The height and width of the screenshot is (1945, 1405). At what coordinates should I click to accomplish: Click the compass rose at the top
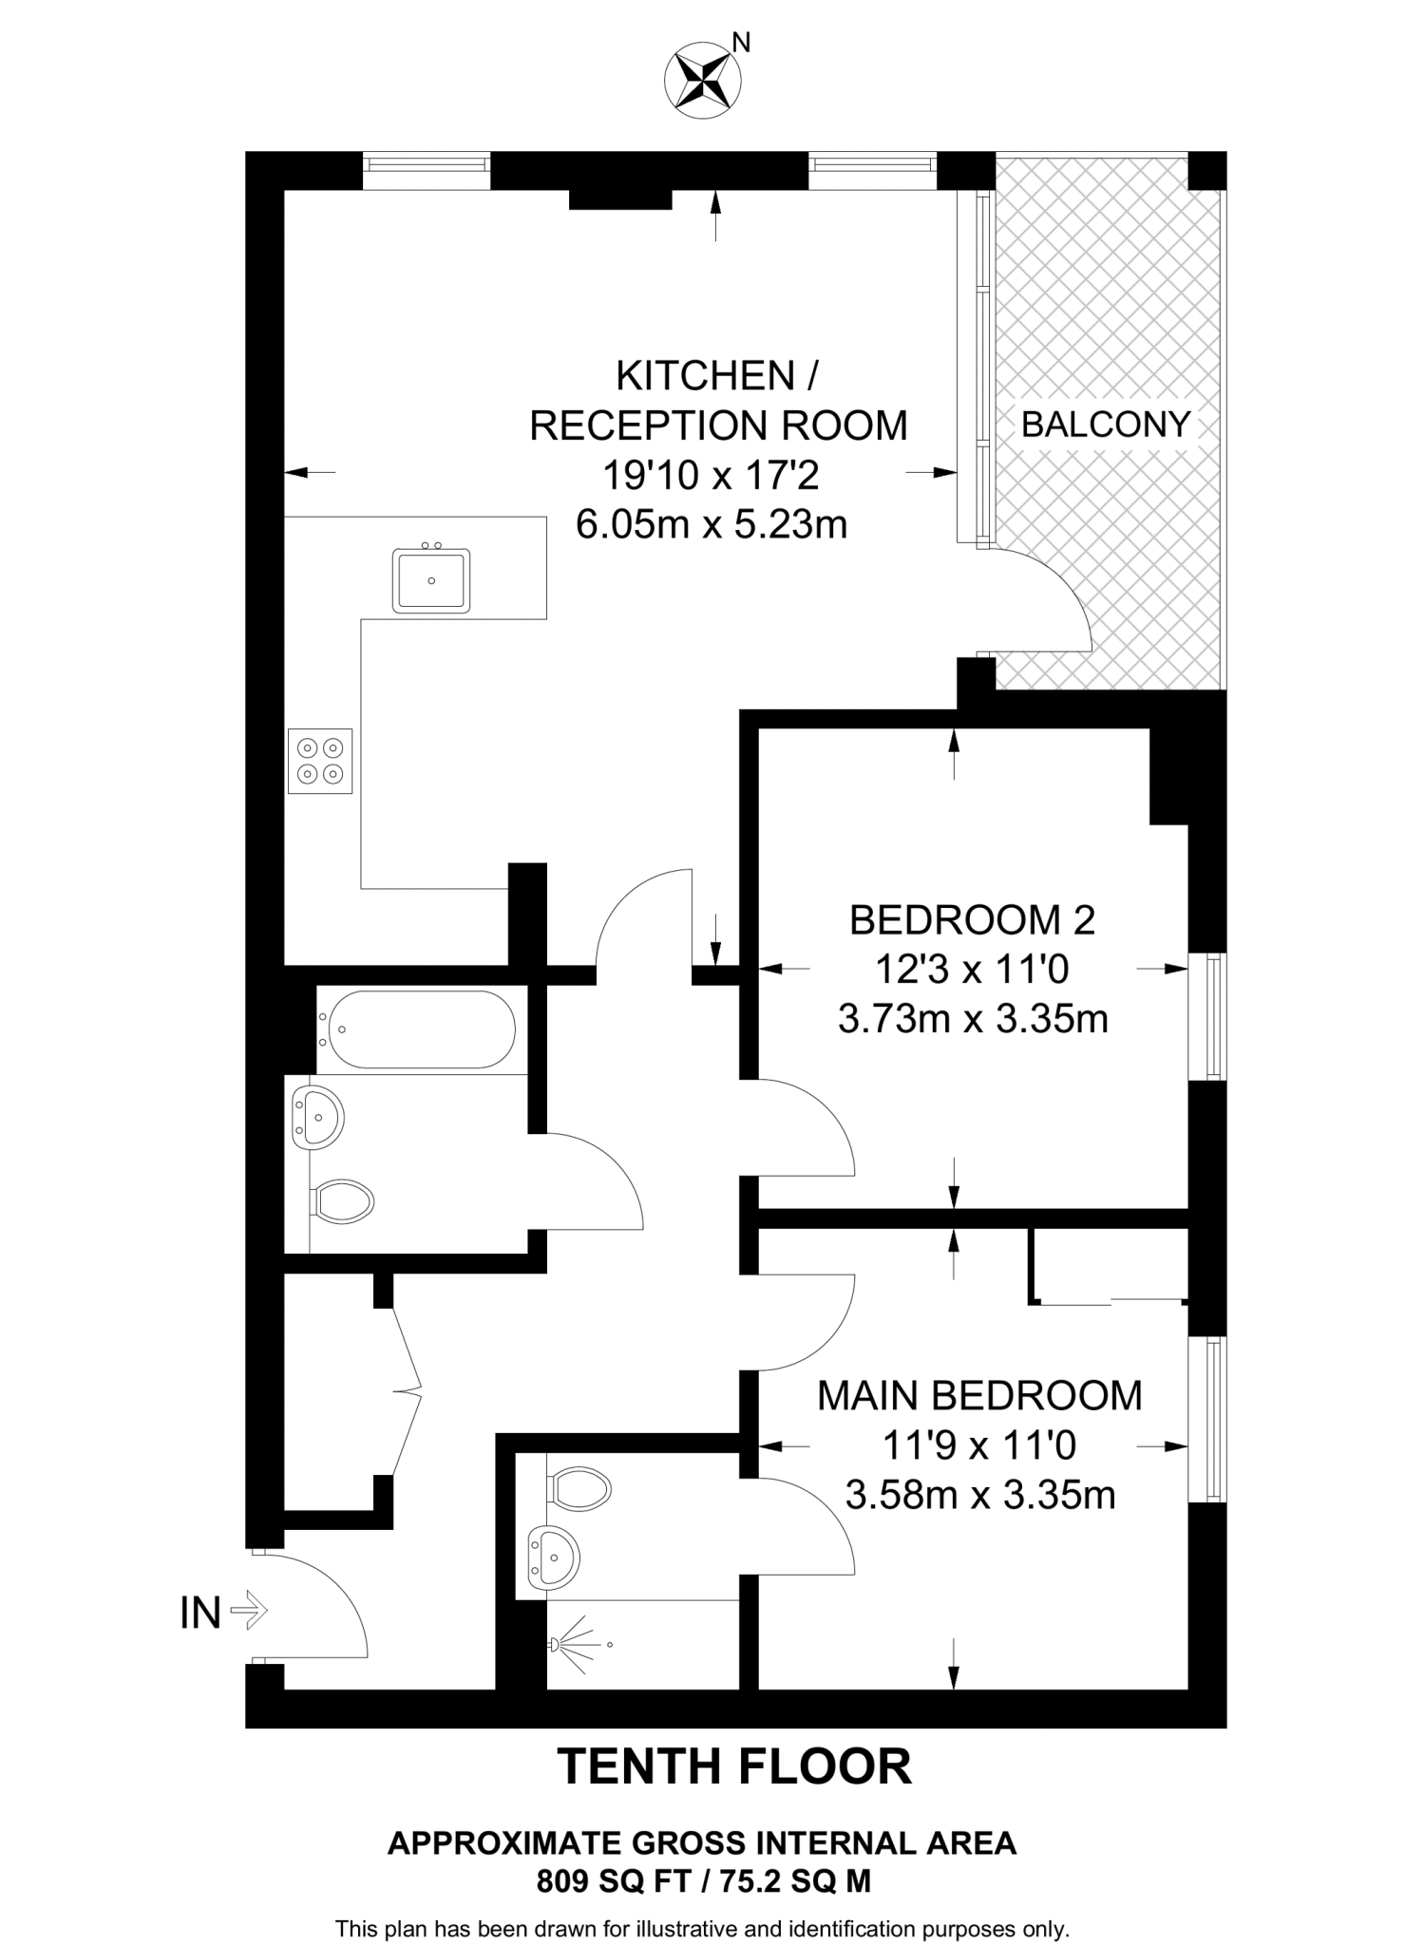point(704,80)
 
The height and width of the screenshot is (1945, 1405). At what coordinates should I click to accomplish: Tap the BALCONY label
point(1105,425)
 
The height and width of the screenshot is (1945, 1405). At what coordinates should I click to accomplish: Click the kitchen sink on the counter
point(431,579)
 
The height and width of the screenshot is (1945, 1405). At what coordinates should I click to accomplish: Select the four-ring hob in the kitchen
point(320,761)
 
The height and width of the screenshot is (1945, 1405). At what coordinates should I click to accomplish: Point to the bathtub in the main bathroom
point(418,1030)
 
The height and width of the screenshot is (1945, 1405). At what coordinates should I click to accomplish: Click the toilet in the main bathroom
point(343,1202)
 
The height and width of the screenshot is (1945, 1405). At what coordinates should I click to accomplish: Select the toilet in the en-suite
point(579,1489)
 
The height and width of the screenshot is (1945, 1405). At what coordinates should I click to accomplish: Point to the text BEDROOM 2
point(972,920)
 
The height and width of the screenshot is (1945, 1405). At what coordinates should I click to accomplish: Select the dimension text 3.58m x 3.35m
point(979,1496)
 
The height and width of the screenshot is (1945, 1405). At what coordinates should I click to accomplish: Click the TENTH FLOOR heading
point(734,1767)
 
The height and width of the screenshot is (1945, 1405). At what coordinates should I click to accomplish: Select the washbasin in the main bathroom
point(318,1119)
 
